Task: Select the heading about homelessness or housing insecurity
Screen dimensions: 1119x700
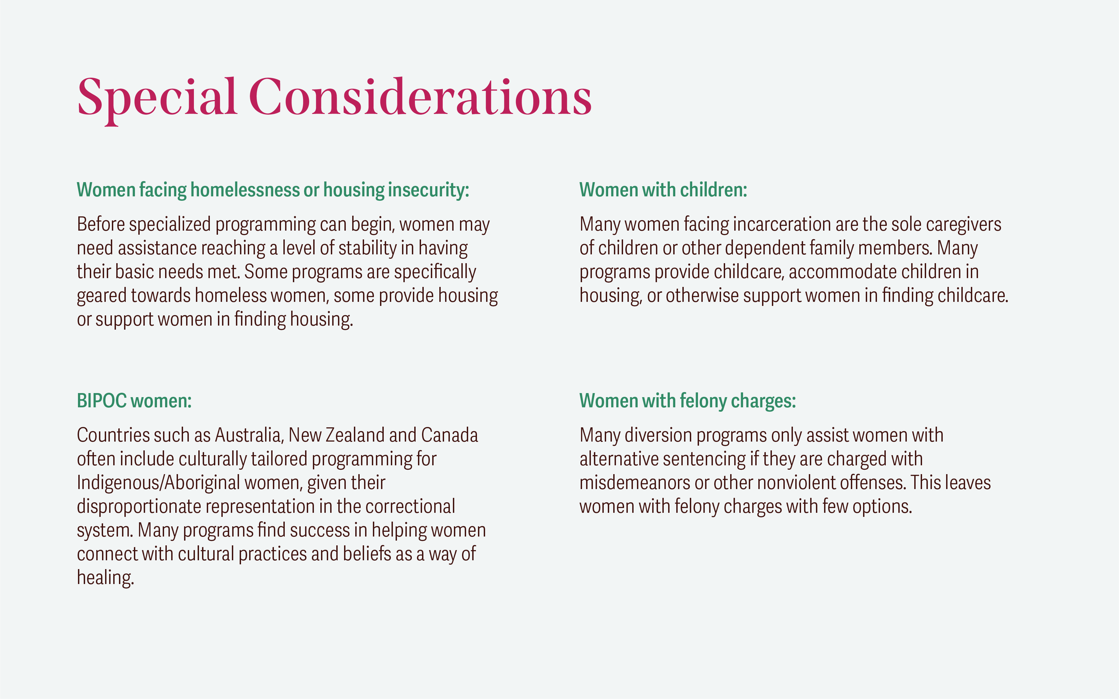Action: (x=273, y=190)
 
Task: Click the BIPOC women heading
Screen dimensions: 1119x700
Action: (x=134, y=401)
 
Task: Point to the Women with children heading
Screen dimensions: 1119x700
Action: (x=663, y=190)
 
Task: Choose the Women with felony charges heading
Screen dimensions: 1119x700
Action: (x=688, y=401)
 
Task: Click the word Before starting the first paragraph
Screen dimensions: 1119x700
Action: (x=101, y=224)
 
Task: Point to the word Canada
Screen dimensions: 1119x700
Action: (x=449, y=435)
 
